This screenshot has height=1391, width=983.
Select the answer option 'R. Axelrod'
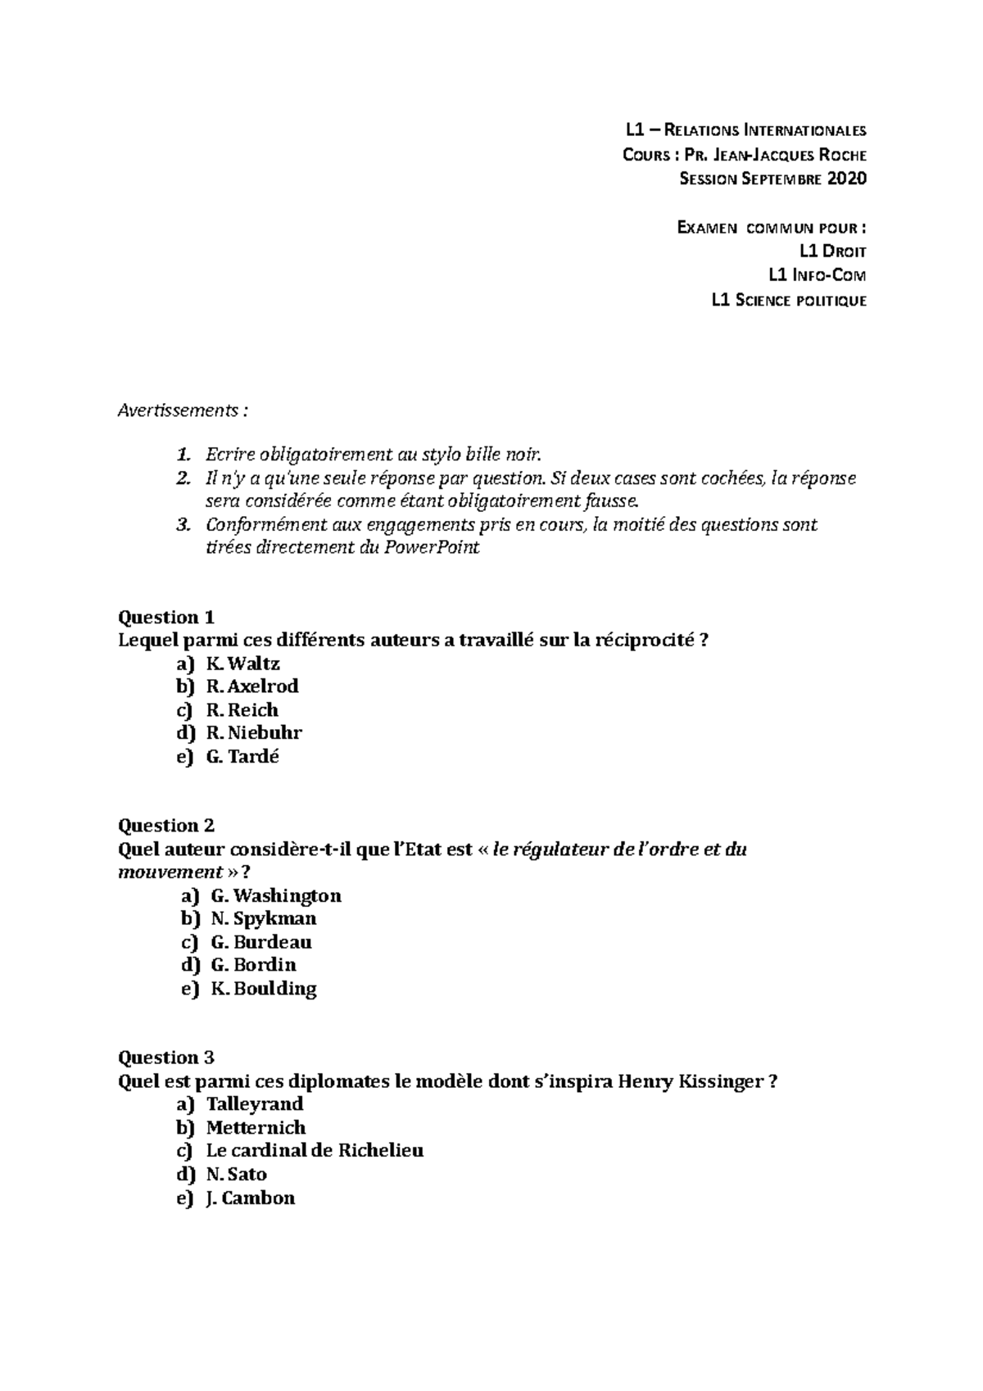pyautogui.click(x=251, y=686)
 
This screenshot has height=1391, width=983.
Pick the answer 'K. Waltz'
pyautogui.click(x=242, y=664)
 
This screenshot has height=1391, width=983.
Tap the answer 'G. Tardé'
pyautogui.click(x=242, y=756)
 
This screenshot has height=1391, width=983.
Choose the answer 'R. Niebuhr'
pyautogui.click(x=254, y=733)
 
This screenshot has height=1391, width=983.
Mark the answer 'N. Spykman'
pyautogui.click(x=263, y=918)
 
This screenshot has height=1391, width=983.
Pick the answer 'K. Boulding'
pyautogui.click(x=263, y=988)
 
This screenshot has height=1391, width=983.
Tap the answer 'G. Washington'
pyautogui.click(x=275, y=895)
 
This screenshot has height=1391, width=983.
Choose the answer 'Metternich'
pyautogui.click(x=256, y=1127)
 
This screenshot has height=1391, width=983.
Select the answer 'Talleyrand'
pyautogui.click(x=255, y=1103)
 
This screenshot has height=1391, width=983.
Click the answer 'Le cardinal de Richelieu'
pyautogui.click(x=315, y=1150)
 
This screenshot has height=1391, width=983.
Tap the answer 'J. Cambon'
pyautogui.click(x=251, y=1198)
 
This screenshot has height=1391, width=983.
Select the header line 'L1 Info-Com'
pyautogui.click(x=817, y=275)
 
